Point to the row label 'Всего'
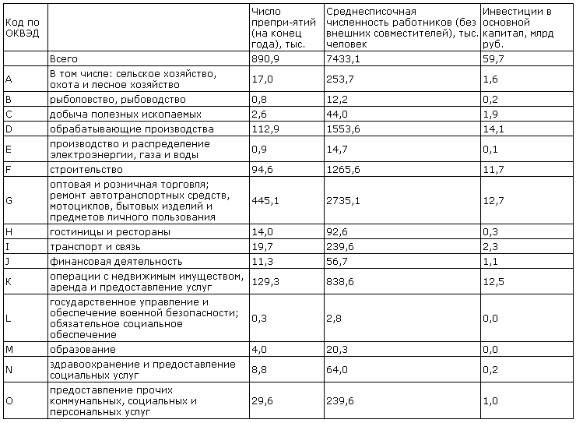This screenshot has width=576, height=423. (x=64, y=58)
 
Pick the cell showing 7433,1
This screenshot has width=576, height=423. (x=343, y=58)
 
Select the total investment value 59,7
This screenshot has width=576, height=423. (x=493, y=58)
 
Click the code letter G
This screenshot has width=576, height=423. (x=9, y=200)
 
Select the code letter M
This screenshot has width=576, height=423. (x=9, y=349)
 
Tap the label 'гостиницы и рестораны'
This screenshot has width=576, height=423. (x=110, y=231)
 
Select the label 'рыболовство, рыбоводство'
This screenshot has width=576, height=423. (x=118, y=99)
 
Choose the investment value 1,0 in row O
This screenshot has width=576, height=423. (x=490, y=400)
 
